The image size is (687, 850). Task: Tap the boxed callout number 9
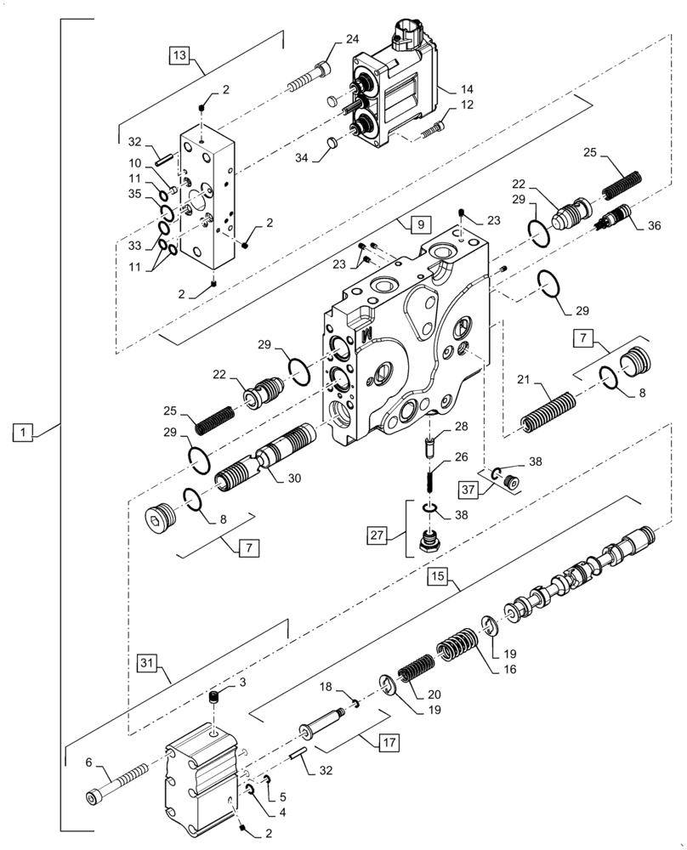tap(417, 225)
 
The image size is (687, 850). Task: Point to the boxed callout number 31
tap(147, 662)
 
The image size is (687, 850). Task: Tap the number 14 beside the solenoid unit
tap(466, 88)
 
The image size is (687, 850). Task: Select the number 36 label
tap(653, 226)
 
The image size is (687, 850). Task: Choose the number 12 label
tap(466, 105)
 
